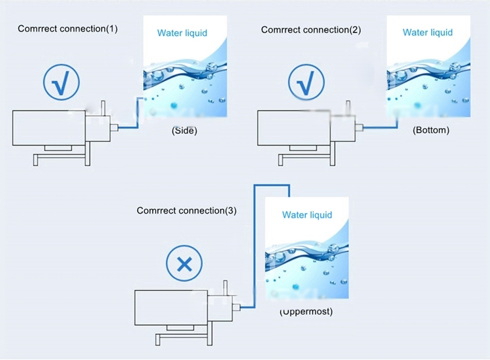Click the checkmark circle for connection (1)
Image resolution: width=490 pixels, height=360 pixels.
pyautogui.click(x=61, y=82)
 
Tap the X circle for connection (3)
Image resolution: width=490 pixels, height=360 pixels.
pyautogui.click(x=185, y=265)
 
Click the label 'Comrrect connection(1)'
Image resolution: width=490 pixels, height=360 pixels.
pyautogui.click(x=68, y=29)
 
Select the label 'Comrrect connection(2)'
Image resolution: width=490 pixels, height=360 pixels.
pyautogui.click(x=310, y=29)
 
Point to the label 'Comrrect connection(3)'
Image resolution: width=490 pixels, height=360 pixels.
pyautogui.click(x=186, y=210)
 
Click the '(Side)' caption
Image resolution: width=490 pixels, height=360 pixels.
pyautogui.click(x=184, y=130)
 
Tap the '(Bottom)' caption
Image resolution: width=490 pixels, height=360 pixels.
pyautogui.click(x=431, y=130)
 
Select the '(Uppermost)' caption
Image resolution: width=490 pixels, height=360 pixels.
pyautogui.click(x=306, y=311)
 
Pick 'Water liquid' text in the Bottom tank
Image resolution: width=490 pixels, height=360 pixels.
pyautogui.click(x=429, y=33)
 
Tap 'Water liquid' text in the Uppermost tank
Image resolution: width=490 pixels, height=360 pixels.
pyautogui.click(x=307, y=215)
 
